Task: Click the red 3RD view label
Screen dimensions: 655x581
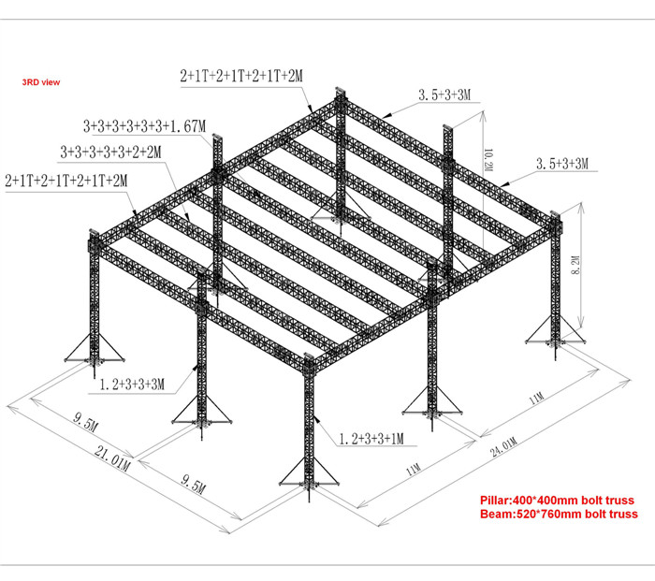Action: point(41,82)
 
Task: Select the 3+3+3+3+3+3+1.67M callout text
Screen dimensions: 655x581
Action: point(144,126)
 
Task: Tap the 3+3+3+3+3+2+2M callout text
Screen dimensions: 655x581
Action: point(110,153)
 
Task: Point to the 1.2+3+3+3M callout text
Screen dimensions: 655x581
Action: point(133,385)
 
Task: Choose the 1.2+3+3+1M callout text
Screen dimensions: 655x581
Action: point(371,439)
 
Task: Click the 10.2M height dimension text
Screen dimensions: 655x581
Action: point(488,160)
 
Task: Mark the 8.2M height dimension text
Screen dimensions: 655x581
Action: point(575,265)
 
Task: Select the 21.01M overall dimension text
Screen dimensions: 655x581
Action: point(112,458)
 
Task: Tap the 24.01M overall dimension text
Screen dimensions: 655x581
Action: point(503,447)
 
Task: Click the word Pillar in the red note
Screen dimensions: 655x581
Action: point(495,501)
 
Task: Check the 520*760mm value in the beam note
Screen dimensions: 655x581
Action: point(549,514)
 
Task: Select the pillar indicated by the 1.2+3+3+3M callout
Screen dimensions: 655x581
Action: point(202,355)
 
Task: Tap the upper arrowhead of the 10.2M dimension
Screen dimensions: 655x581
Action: point(484,114)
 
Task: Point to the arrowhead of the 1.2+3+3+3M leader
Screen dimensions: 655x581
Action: point(195,368)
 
